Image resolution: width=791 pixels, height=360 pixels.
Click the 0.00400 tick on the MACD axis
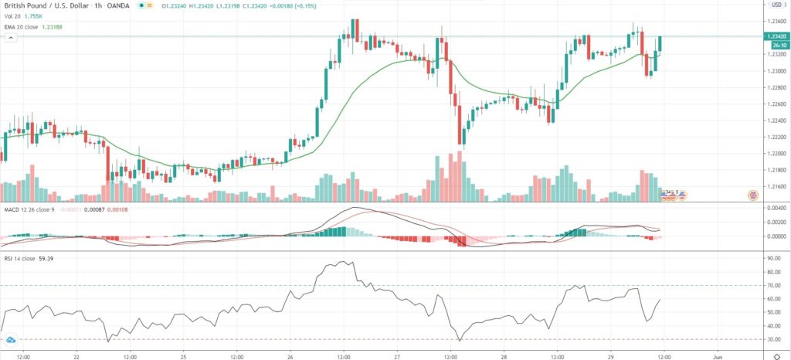pos(774,208)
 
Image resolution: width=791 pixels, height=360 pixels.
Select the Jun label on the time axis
pos(717,356)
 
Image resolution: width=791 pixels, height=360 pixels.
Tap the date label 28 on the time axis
pos(504,356)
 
